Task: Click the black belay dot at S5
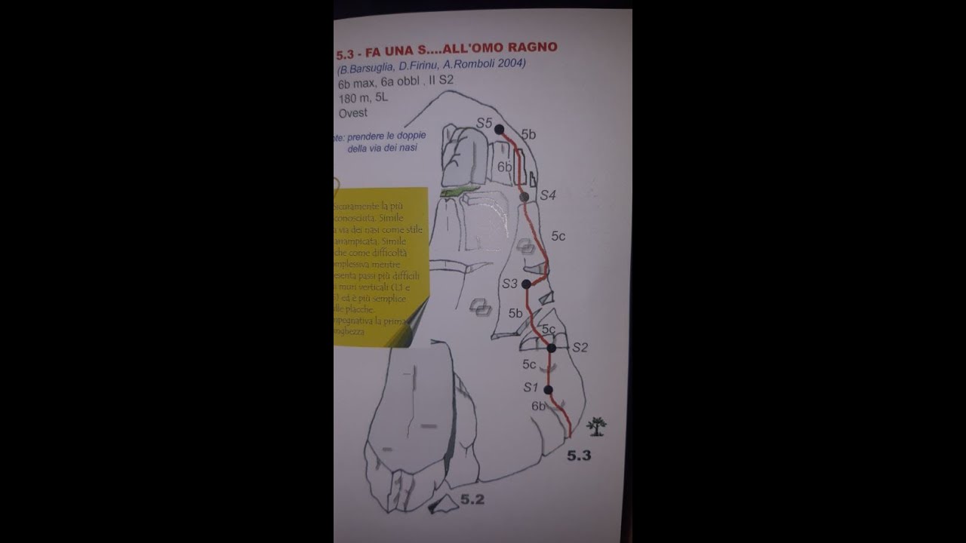[499, 130]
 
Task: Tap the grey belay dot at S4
[525, 197]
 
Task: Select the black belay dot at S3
[526, 284]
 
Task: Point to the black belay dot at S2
[552, 348]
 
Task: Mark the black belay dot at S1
[548, 390]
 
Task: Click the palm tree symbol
[597, 427]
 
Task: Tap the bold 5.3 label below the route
[579, 456]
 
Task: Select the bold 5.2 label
[472, 499]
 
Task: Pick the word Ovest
[353, 113]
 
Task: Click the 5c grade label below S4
[558, 236]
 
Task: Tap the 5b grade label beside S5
[528, 135]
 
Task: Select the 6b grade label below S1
[538, 406]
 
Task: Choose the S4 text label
[548, 195]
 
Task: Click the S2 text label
[580, 348]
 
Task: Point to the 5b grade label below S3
[515, 313]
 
